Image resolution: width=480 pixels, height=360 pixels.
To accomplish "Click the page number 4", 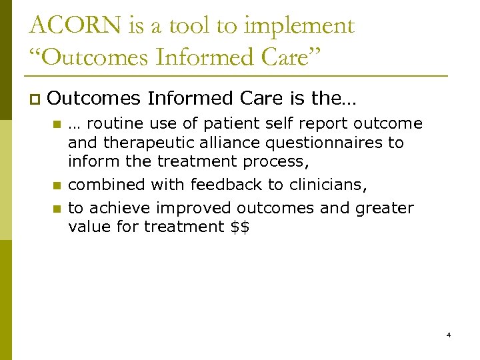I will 449,334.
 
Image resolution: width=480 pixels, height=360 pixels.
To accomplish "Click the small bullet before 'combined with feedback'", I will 57,185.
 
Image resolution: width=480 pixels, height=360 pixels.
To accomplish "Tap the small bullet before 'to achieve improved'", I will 57,209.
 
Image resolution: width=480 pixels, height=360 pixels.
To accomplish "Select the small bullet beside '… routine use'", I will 57,124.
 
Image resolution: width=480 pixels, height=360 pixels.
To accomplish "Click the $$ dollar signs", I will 239,227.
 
